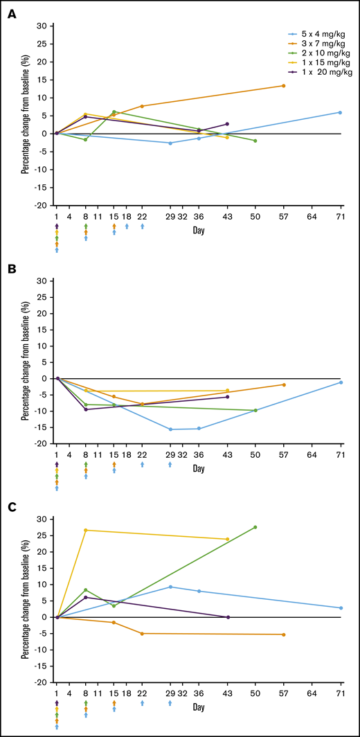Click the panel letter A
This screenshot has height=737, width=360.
12,13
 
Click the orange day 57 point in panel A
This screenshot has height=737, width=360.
283,86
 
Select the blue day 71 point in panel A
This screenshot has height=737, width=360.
340,112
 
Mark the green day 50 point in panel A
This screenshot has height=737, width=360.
255,141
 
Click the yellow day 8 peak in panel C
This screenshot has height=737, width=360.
85,531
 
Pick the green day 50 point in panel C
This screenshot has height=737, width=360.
255,527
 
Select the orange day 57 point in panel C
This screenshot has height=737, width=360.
283,634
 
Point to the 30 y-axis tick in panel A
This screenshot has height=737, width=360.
42,26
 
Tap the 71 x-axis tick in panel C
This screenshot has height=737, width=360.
340,695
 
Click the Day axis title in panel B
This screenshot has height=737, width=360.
199,469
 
